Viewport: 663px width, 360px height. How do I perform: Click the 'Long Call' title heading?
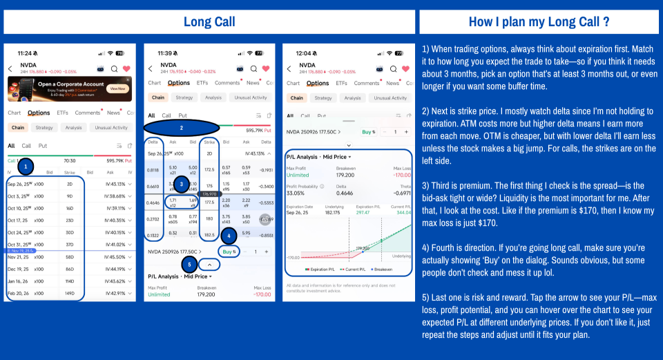[209, 22]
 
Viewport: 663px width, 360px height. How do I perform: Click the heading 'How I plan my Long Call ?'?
[539, 22]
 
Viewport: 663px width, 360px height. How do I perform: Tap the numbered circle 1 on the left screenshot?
[26, 167]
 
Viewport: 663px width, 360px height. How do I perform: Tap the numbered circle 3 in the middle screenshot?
[182, 184]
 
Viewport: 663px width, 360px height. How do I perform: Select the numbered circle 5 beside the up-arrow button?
[189, 264]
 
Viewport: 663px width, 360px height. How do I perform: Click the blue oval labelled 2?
[182, 128]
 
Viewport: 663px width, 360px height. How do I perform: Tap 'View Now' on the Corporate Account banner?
[117, 88]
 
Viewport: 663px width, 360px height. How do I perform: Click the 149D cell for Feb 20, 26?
[70, 293]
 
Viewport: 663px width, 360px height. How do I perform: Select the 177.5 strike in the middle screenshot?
[209, 202]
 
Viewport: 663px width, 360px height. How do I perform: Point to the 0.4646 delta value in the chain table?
[153, 202]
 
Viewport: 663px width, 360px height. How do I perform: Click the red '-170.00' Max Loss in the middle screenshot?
[262, 294]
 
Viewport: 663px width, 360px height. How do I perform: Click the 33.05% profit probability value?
[295, 193]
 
